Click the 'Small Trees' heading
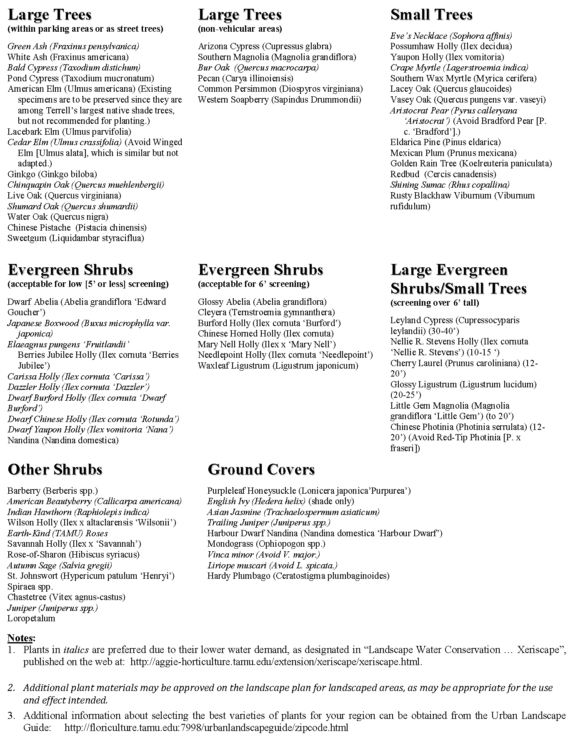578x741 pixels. pos(431,15)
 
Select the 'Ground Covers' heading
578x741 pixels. pos(261,470)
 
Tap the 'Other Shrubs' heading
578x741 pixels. pos(55,470)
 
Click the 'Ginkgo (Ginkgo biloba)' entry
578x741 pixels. pos(52,174)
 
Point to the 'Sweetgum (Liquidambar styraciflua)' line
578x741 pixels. pos(75,239)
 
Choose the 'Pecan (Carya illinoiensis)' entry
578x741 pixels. pos(245,78)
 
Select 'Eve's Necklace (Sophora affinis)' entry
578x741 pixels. pos(451,36)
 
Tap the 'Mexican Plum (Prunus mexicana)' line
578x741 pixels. pos(453,153)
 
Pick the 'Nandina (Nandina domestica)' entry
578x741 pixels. pos(63,440)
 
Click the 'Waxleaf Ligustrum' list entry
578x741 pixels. pos(278,366)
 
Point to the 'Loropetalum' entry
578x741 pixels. pos(31,618)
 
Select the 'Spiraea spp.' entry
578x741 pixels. pos(30,587)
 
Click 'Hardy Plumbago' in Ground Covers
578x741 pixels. pos(298,576)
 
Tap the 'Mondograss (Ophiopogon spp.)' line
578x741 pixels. pos(266,544)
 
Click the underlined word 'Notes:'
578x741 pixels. pos(22,638)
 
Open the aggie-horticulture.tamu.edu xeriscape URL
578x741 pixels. pos(276,662)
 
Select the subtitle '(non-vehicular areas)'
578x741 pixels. pos(240,29)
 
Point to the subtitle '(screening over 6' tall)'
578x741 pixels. pos(434,303)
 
